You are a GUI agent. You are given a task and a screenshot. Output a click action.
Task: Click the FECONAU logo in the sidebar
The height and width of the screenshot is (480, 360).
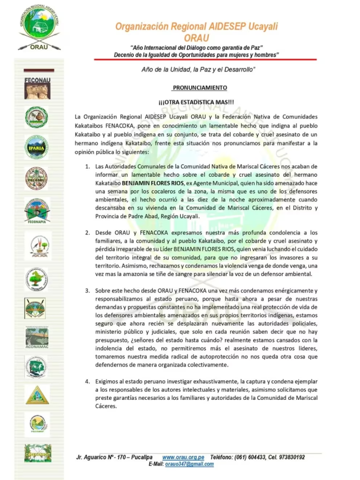pos(37,88)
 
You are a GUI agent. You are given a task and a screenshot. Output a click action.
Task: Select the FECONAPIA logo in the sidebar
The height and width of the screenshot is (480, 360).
pos(37,210)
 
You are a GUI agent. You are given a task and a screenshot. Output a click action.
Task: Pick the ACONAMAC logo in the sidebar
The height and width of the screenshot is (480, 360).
pos(37,337)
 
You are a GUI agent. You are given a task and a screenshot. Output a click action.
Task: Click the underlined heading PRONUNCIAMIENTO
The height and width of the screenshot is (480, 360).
pos(200,88)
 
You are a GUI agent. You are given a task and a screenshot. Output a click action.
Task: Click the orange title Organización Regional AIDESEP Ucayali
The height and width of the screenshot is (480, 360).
pos(196,27)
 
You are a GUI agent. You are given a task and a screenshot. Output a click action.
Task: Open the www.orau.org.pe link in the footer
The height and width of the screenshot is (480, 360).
pos(183,457)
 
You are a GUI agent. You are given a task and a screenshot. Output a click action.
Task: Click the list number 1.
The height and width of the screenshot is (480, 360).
pos(87,166)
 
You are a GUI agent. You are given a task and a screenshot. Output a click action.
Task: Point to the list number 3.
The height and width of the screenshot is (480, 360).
pos(87,291)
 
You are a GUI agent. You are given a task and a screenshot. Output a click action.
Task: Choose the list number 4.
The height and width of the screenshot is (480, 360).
pos(87,381)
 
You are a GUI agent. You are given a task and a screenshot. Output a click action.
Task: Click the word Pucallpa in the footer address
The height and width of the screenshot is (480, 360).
pos(142,457)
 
